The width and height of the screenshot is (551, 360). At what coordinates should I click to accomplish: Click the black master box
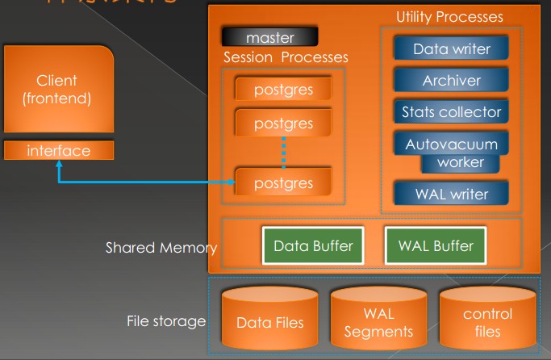[269, 37]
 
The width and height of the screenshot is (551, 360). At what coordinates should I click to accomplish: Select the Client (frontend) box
[57, 90]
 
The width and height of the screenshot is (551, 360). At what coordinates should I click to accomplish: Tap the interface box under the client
[57, 151]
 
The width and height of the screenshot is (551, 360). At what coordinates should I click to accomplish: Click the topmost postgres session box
[283, 87]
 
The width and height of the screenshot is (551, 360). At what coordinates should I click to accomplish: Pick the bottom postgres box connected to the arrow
[283, 182]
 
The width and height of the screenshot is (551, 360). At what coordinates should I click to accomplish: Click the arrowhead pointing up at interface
[58, 165]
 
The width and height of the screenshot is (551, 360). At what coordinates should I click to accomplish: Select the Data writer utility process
[451, 48]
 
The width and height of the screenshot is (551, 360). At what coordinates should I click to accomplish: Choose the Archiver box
[451, 81]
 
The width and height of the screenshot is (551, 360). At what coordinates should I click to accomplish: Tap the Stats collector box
[451, 112]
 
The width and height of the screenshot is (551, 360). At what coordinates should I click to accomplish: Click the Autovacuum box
[451, 144]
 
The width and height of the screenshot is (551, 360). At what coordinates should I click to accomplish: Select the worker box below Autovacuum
[461, 162]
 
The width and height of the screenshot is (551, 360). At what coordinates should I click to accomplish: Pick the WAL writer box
[451, 194]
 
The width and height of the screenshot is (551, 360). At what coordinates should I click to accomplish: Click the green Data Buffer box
[312, 246]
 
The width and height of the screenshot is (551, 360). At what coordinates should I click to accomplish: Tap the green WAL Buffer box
[436, 246]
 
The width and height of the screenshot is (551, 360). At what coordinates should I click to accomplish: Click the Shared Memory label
[161, 248]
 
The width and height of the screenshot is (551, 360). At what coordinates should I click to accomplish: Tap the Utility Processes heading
[449, 16]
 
